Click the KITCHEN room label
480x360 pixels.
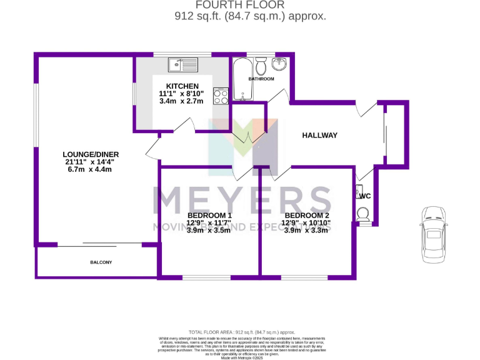(182, 86)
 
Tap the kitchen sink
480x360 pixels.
(182, 63)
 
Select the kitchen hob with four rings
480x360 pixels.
(221, 96)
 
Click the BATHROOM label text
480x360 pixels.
(261, 79)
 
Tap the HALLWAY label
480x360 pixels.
(320, 135)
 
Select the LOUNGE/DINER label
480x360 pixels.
(91, 154)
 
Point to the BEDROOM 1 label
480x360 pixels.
(209, 216)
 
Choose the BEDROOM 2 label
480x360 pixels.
(306, 215)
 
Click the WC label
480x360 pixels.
(366, 196)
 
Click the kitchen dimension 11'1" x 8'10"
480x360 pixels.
(182, 94)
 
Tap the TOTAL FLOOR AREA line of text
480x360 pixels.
(241, 332)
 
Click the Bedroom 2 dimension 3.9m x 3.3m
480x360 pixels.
(306, 230)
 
